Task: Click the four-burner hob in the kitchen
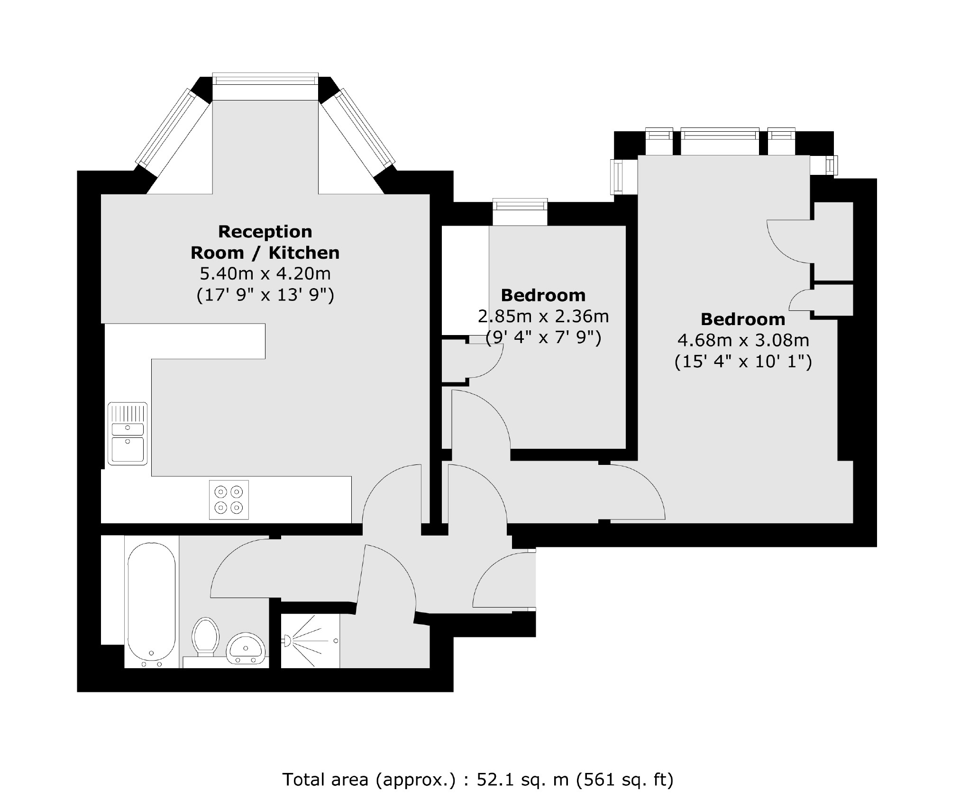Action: point(229,499)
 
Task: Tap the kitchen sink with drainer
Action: point(128,433)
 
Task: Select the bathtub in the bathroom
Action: point(151,603)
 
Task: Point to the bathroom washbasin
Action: point(245,648)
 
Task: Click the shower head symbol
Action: point(286,641)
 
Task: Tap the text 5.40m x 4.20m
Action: point(265,273)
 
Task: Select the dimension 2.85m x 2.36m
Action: point(543,316)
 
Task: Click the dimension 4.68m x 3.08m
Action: point(742,340)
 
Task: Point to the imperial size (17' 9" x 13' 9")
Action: point(265,295)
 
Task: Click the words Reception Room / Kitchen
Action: point(265,242)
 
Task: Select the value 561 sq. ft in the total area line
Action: point(624,779)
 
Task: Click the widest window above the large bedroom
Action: point(720,135)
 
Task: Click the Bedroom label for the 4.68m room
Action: point(742,319)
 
